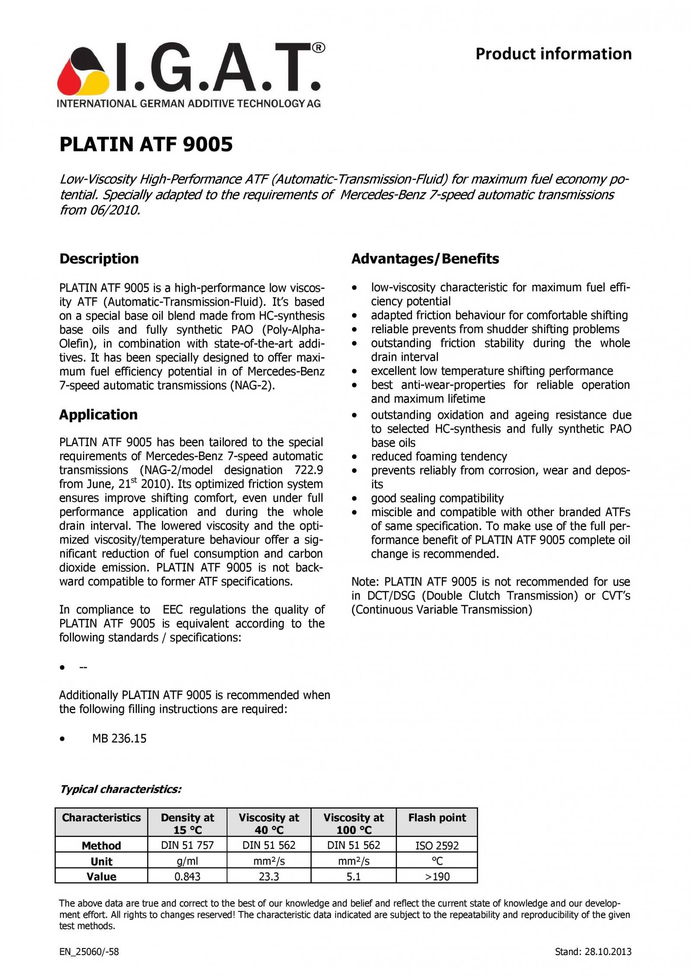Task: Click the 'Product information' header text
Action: point(553,54)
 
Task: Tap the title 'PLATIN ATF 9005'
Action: point(146,144)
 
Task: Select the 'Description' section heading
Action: point(99,258)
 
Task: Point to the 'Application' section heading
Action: point(98,414)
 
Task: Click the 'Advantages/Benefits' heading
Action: point(425,258)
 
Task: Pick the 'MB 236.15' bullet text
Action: point(119,738)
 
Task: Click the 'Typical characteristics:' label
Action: point(120,789)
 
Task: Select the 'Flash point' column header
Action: point(437,818)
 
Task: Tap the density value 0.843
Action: point(187,876)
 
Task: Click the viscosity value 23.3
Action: point(269,876)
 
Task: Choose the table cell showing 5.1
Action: point(353,876)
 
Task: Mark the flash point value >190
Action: point(437,876)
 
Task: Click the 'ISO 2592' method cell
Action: point(437,845)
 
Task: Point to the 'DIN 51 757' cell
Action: point(187,845)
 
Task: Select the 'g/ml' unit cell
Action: point(187,861)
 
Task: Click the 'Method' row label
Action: point(101,845)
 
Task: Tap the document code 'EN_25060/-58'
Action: point(89,952)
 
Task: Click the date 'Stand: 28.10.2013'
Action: point(593,952)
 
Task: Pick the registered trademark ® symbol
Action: point(318,48)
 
